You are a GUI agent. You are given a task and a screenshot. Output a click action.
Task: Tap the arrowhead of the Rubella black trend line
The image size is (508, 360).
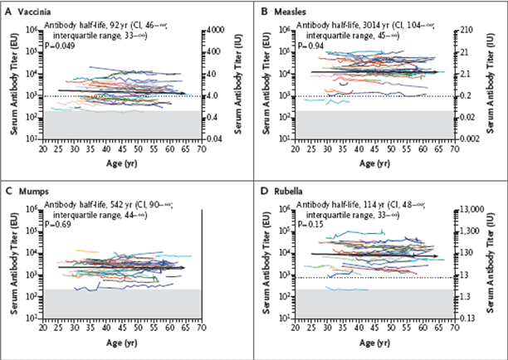pyautogui.click(x=436, y=256)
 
